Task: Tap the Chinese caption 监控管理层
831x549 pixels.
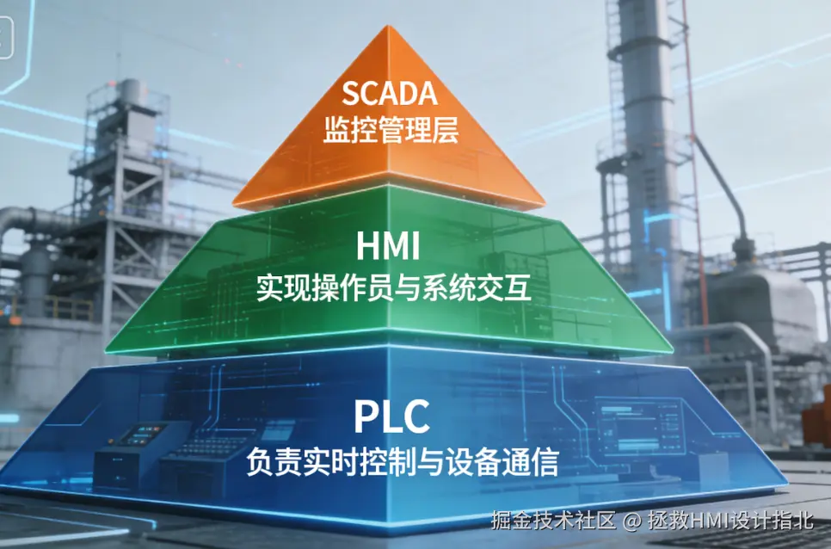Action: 391,130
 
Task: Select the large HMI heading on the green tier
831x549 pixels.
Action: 388,248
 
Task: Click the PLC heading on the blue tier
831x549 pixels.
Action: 391,417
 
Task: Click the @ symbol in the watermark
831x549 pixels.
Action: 632,521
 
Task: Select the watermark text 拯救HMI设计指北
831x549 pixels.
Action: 730,520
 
